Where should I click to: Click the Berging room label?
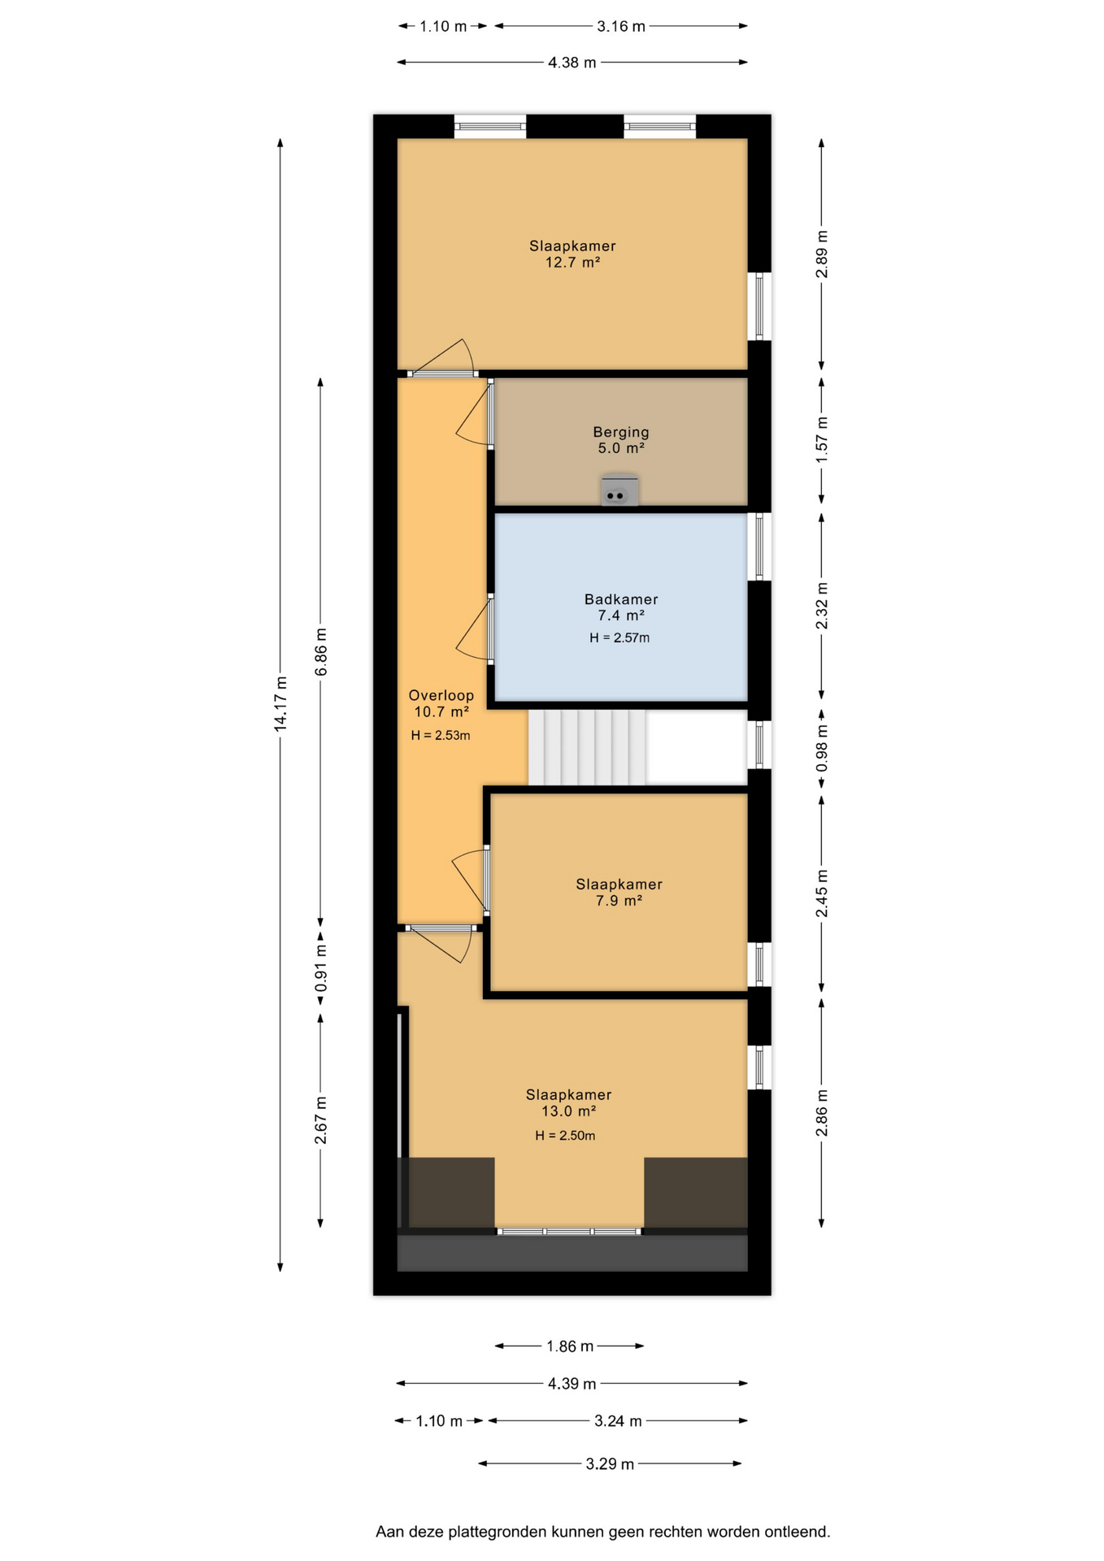[x=620, y=433]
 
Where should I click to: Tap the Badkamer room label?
[x=621, y=599]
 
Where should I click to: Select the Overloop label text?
[x=441, y=695]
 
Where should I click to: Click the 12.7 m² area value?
[x=572, y=262]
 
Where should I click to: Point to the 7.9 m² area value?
[x=619, y=900]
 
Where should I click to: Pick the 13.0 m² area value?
[x=568, y=1111]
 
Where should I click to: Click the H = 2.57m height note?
[x=619, y=638]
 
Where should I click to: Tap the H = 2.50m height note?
[x=565, y=1136]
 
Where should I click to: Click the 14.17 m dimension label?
[x=280, y=704]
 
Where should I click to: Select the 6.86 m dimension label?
[x=321, y=652]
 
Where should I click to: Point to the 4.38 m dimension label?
[x=572, y=63]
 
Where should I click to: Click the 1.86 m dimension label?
[x=569, y=1346]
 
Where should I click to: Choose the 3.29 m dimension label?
[x=610, y=1464]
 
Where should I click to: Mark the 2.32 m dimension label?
[x=822, y=606]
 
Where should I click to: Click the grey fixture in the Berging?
[x=619, y=492]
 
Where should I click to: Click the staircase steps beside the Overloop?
[x=587, y=747]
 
